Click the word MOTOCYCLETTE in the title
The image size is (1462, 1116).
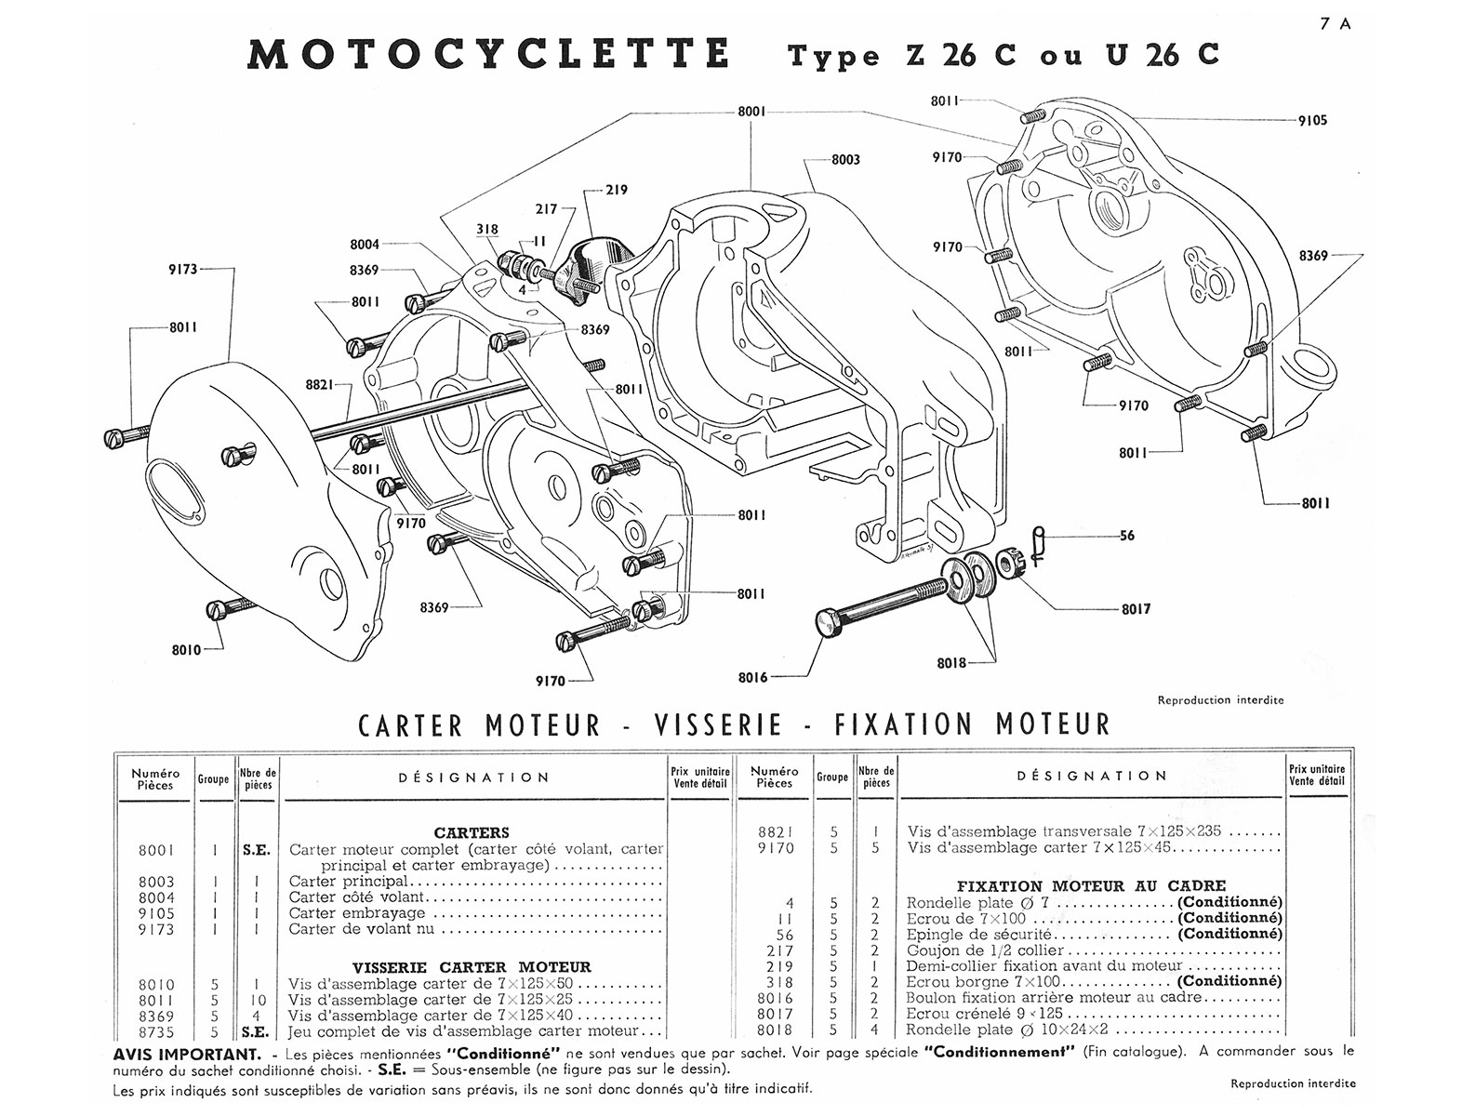[488, 54]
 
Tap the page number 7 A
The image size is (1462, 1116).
[1335, 25]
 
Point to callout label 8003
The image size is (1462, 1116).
[844, 160]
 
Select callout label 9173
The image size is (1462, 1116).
[182, 270]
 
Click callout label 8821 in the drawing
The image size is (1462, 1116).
[319, 383]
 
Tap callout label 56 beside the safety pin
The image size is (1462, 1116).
[1126, 536]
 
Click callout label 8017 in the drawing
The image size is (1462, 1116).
[1136, 609]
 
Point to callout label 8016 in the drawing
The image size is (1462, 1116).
[752, 678]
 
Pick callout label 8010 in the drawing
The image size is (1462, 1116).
[186, 650]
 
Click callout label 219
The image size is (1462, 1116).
[616, 190]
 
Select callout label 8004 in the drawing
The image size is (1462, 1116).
[365, 245]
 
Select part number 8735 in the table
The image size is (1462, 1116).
[155, 1031]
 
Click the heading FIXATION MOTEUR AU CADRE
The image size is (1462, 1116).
[1091, 886]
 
